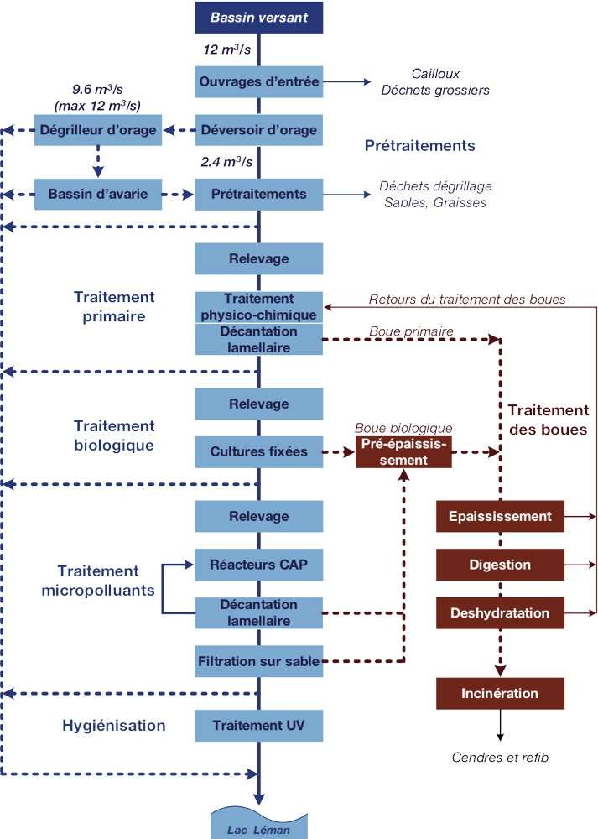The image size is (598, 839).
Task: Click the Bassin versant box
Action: click(x=258, y=17)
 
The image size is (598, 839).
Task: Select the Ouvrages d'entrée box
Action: click(x=258, y=82)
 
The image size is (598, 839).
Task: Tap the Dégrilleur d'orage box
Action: click(x=98, y=130)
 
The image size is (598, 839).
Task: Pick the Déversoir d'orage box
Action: click(x=258, y=130)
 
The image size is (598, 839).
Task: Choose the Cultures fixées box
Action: click(x=258, y=452)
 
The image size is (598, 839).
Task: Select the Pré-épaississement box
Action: click(x=404, y=451)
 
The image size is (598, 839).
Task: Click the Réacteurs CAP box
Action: click(x=258, y=565)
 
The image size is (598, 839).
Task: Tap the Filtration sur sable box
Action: click(x=258, y=661)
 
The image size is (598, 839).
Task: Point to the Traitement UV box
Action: click(x=258, y=725)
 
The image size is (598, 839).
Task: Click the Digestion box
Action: click(x=500, y=565)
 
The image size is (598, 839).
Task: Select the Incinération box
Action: click(x=500, y=694)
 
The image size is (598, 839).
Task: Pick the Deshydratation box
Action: click(x=500, y=613)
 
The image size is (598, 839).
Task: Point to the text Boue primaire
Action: click(x=411, y=331)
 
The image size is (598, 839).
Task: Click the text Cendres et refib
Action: click(x=500, y=758)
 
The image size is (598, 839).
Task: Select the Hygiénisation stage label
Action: click(x=114, y=725)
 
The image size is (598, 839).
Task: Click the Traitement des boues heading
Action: click(x=547, y=419)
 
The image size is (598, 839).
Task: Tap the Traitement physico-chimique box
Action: click(x=258, y=307)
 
